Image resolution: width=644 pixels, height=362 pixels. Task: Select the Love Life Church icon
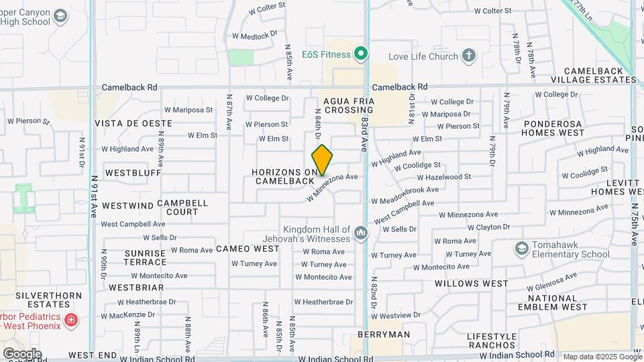coord(469,56)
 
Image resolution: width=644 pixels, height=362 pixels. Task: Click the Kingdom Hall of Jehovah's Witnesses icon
coord(361,233)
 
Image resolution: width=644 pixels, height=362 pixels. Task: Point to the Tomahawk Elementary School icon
coord(521,249)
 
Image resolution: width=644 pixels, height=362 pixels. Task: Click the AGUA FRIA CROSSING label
coord(348,106)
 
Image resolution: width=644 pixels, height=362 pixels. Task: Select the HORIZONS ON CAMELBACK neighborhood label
coord(283,177)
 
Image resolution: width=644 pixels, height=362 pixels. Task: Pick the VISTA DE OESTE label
coord(133,123)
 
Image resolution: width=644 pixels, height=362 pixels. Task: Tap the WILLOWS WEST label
coord(471,284)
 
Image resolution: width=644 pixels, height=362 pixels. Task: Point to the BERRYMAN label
coord(383,335)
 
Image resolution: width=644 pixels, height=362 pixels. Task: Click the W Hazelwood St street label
coord(443,177)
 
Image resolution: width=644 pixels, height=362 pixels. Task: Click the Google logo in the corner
coord(22,353)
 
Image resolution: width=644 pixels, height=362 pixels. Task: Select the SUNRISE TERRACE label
coord(145,257)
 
